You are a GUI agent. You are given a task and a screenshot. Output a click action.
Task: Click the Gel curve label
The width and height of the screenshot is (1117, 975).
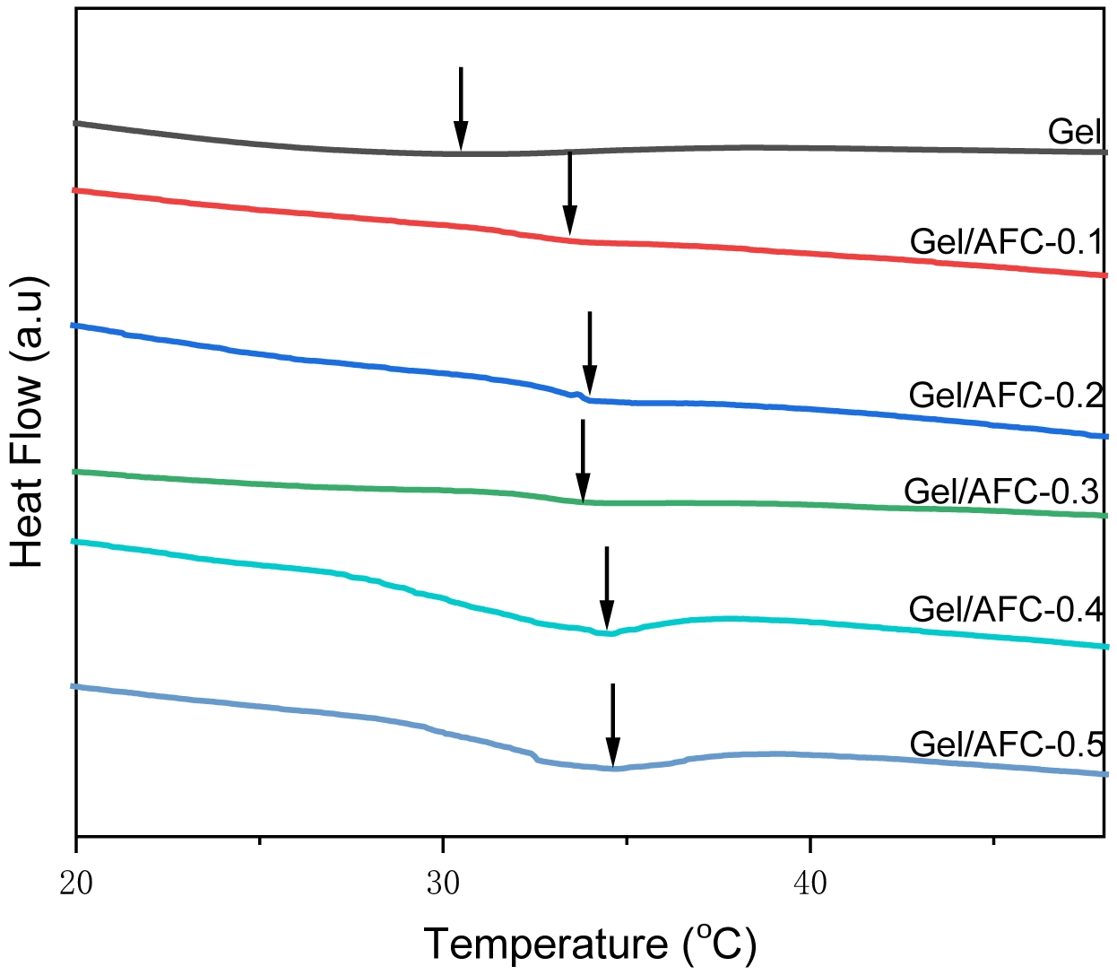click(x=1074, y=132)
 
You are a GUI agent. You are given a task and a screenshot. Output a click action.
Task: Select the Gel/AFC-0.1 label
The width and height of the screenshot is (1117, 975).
click(x=1005, y=242)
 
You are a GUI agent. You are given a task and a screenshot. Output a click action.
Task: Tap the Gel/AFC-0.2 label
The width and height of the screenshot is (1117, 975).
click(x=1005, y=395)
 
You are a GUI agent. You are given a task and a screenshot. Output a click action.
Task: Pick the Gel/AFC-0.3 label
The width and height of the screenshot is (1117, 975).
click(x=1001, y=492)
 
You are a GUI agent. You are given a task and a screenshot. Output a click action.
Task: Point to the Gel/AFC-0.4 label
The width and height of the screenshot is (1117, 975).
click(x=1005, y=609)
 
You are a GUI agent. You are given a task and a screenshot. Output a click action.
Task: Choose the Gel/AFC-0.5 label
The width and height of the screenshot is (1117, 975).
click(x=1005, y=744)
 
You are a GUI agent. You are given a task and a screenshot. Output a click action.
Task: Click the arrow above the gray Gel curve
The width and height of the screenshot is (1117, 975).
click(x=461, y=109)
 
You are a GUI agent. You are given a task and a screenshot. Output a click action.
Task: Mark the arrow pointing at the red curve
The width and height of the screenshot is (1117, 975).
click(x=569, y=194)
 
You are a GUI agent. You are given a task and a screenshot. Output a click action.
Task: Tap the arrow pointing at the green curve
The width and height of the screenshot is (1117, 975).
click(x=583, y=461)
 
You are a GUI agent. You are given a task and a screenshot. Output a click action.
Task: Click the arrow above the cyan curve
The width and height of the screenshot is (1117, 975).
click(x=607, y=588)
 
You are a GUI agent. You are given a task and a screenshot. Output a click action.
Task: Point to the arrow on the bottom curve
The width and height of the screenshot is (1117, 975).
click(x=612, y=726)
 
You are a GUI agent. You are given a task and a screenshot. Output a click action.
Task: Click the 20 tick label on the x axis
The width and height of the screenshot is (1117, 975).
click(x=77, y=884)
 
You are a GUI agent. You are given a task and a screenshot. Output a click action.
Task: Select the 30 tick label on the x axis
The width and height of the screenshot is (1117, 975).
click(x=443, y=884)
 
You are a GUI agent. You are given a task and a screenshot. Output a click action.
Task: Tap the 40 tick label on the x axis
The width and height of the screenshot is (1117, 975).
click(x=810, y=884)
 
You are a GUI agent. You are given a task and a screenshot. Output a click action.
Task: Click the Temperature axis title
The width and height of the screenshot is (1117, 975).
click(x=590, y=944)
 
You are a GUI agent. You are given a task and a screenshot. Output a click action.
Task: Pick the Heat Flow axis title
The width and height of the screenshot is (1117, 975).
click(x=28, y=422)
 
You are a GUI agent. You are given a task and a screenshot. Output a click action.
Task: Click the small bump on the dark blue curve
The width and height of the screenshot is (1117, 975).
click(x=576, y=393)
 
